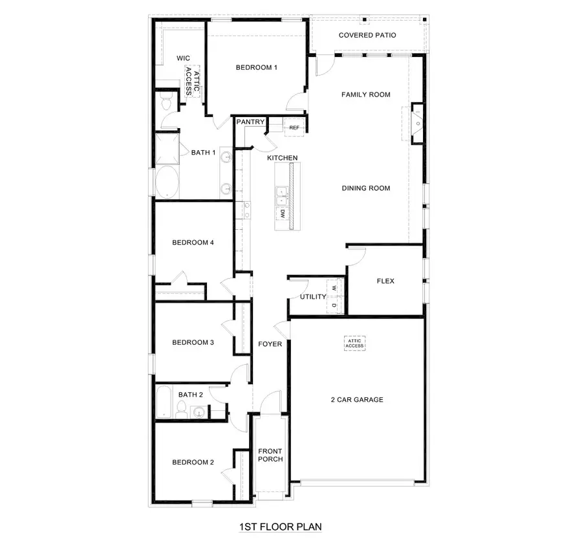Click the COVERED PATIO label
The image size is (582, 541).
pyautogui.click(x=367, y=35)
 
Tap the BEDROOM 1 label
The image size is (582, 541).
pyautogui.click(x=257, y=67)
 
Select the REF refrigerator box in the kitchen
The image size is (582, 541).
pyautogui.click(x=294, y=127)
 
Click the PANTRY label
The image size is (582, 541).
pyautogui.click(x=250, y=122)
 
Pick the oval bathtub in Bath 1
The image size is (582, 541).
pyautogui.click(x=165, y=182)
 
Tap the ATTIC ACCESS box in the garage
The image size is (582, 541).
pyautogui.click(x=354, y=343)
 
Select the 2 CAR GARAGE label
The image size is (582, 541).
pyautogui.click(x=357, y=399)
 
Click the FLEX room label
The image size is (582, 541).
pyautogui.click(x=385, y=281)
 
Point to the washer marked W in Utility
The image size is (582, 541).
pyautogui.click(x=334, y=288)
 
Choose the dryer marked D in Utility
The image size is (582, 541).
pyautogui.click(x=334, y=305)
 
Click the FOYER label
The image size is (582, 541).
pyautogui.click(x=270, y=344)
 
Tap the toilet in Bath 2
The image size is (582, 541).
pyautogui.click(x=183, y=408)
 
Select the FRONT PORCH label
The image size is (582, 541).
pyautogui.click(x=270, y=455)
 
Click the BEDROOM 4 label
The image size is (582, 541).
pyautogui.click(x=193, y=243)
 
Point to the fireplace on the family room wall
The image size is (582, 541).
pyautogui.click(x=418, y=122)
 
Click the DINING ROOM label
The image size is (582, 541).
pyautogui.click(x=366, y=188)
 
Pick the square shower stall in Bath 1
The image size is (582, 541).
pyautogui.click(x=166, y=148)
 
